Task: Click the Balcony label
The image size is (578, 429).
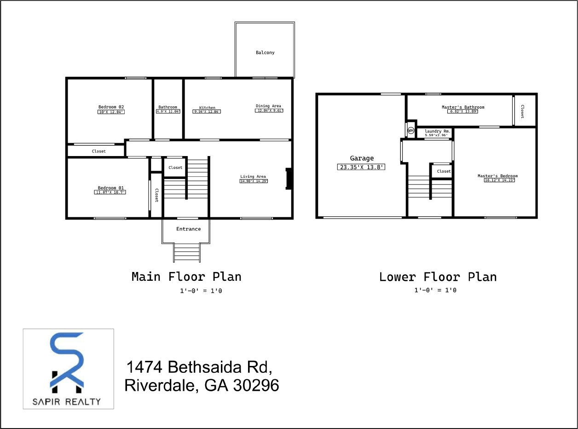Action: [x=265, y=52]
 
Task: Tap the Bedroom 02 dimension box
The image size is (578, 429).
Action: [x=111, y=112]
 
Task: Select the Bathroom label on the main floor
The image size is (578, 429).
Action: [x=168, y=107]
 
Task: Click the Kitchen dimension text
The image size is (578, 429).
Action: [x=207, y=112]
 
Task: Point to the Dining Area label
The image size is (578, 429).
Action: [x=268, y=106]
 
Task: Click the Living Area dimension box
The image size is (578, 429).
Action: [x=254, y=181]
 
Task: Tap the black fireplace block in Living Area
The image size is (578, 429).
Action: [x=289, y=179]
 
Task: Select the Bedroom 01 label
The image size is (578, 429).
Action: [x=111, y=188]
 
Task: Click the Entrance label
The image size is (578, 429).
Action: [x=188, y=229]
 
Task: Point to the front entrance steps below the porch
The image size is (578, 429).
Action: [x=186, y=252]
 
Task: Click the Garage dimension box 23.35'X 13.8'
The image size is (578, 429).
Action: [x=361, y=168]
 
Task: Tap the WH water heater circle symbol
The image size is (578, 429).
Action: [x=410, y=131]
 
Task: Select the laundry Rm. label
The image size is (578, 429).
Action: [x=437, y=131]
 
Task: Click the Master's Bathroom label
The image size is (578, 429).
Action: [x=463, y=107]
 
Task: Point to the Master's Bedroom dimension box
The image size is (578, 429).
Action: [x=499, y=180]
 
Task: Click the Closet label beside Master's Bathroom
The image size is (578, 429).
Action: [x=522, y=111]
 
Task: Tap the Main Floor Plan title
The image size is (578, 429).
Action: [x=186, y=277]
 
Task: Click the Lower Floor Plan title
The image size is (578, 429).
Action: [x=438, y=277]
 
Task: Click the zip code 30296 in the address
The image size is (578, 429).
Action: [x=256, y=385]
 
